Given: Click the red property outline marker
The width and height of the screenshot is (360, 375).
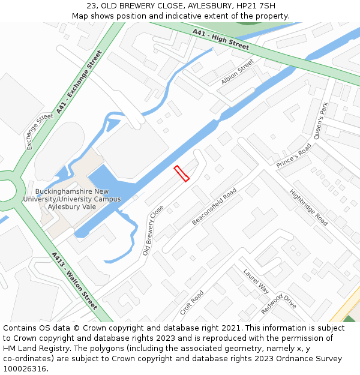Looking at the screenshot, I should click(181, 173).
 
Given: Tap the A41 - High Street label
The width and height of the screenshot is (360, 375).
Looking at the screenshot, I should click(221, 39).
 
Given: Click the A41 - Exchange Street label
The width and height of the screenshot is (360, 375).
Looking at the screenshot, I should click(79, 83).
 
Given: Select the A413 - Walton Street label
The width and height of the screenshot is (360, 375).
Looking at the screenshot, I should click(74, 281).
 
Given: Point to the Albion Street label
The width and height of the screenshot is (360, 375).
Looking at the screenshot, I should click(238, 71).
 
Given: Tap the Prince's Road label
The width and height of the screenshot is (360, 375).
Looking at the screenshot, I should click(293, 156).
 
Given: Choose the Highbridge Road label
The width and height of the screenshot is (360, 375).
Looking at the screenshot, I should click(309, 208).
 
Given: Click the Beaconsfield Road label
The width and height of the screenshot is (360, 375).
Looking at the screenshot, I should click(214, 206).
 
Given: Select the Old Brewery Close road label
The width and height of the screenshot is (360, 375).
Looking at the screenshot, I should click(153, 230).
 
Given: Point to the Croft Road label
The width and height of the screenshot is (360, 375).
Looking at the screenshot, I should click(192, 303).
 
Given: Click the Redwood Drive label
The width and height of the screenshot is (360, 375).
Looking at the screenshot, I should click(279, 304).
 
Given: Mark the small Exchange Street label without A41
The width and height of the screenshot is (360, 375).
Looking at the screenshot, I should click(40, 132).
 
